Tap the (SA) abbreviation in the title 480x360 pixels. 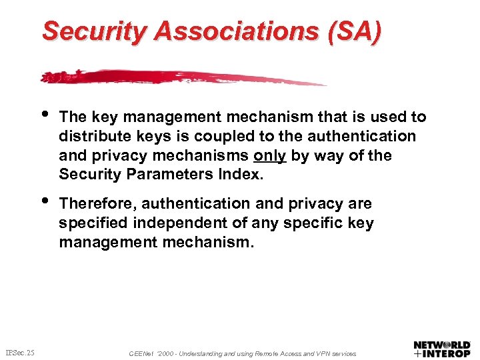pyautogui.click(x=351, y=31)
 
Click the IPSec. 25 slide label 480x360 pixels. pyautogui.click(x=19, y=351)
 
